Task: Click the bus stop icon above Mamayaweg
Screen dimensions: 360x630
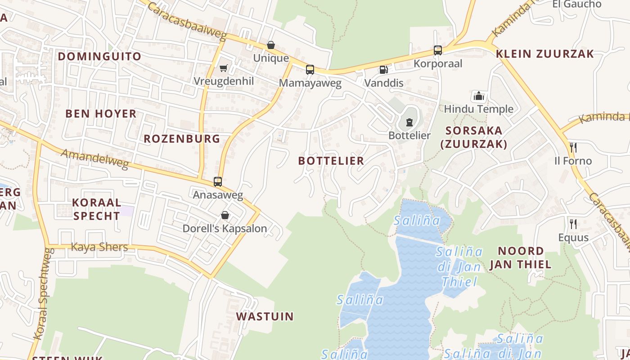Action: (x=310, y=70)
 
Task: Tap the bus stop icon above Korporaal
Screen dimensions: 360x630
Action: (x=438, y=50)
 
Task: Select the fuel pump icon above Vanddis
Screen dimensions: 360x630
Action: (x=383, y=70)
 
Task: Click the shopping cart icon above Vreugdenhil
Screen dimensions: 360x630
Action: (x=223, y=68)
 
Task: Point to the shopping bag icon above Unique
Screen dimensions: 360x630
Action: (x=271, y=45)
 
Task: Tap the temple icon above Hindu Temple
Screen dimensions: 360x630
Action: (x=478, y=96)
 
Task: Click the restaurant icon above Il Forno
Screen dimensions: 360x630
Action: (x=573, y=148)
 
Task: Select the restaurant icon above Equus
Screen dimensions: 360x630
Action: (x=573, y=224)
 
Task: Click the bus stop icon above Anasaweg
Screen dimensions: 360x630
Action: (x=218, y=182)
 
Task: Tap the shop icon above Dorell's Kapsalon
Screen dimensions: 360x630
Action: (x=225, y=215)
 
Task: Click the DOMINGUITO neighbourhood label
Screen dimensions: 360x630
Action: (x=99, y=56)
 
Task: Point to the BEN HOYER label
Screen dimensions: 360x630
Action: (x=101, y=113)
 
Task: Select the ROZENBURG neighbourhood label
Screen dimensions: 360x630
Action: (x=182, y=139)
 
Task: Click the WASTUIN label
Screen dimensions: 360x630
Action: (x=265, y=316)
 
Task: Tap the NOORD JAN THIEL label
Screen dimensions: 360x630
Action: (x=520, y=257)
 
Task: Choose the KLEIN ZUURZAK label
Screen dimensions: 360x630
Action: (x=545, y=54)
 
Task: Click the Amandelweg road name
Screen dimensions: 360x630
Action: (x=94, y=159)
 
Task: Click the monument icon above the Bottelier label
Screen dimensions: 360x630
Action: (x=409, y=122)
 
